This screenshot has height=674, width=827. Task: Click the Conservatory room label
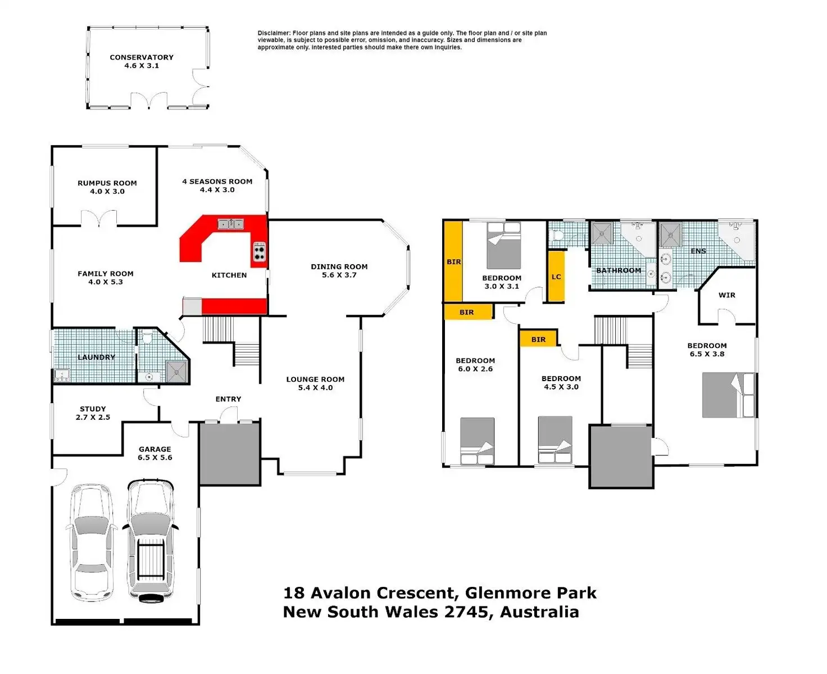pyautogui.click(x=142, y=57)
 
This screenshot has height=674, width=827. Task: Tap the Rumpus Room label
pyautogui.click(x=107, y=183)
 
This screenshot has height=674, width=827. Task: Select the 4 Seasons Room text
pyautogui.click(x=217, y=182)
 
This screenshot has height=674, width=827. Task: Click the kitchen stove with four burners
pyautogui.click(x=259, y=252)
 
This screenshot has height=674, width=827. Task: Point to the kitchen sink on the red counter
pyautogui.click(x=230, y=224)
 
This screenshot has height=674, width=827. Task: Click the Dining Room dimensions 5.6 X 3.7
pyautogui.click(x=339, y=275)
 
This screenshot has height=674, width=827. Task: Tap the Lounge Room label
pyautogui.click(x=315, y=379)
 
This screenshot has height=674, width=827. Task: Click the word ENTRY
pyautogui.click(x=228, y=399)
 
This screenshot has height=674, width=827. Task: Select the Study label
pyautogui.click(x=93, y=409)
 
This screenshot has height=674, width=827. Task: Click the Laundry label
pyautogui.click(x=96, y=357)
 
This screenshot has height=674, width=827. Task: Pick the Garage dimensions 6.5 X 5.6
pyautogui.click(x=155, y=458)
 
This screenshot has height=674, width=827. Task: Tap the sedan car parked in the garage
pyautogui.click(x=91, y=542)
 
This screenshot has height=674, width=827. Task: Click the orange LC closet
pyautogui.click(x=556, y=277)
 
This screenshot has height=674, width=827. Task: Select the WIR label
pyautogui.click(x=726, y=295)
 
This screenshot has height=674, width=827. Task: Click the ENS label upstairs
pyautogui.click(x=698, y=251)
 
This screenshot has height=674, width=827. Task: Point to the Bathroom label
pyautogui.click(x=619, y=270)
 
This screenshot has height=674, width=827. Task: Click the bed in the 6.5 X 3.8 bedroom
pyautogui.click(x=728, y=395)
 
